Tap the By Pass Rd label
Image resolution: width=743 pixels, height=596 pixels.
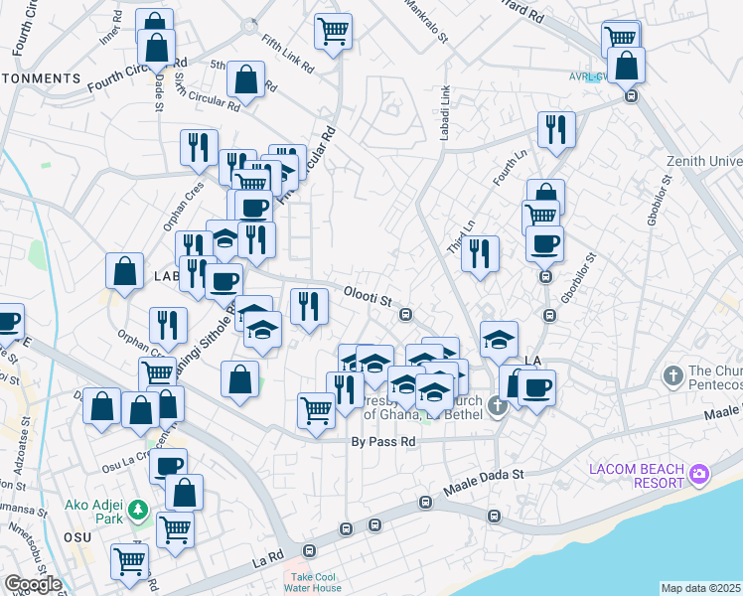pyautogui.click(x=382, y=441)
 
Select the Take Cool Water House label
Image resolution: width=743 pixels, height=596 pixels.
pyautogui.click(x=313, y=582)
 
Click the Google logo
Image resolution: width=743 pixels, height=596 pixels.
pyautogui.click(x=32, y=584)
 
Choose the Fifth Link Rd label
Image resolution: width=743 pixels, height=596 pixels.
pyautogui.click(x=288, y=58)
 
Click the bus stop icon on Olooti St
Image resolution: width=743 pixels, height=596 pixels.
pyautogui.click(x=405, y=315)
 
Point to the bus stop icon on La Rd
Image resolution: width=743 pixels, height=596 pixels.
pyautogui.click(x=309, y=550)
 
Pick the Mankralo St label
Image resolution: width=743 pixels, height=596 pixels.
pyautogui.click(x=428, y=20)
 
